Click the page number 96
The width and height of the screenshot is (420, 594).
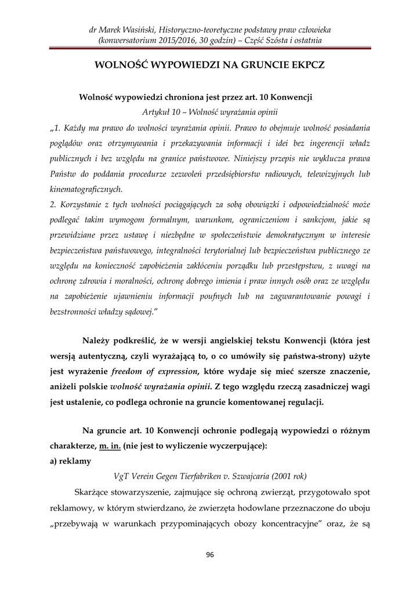coord(210,555)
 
